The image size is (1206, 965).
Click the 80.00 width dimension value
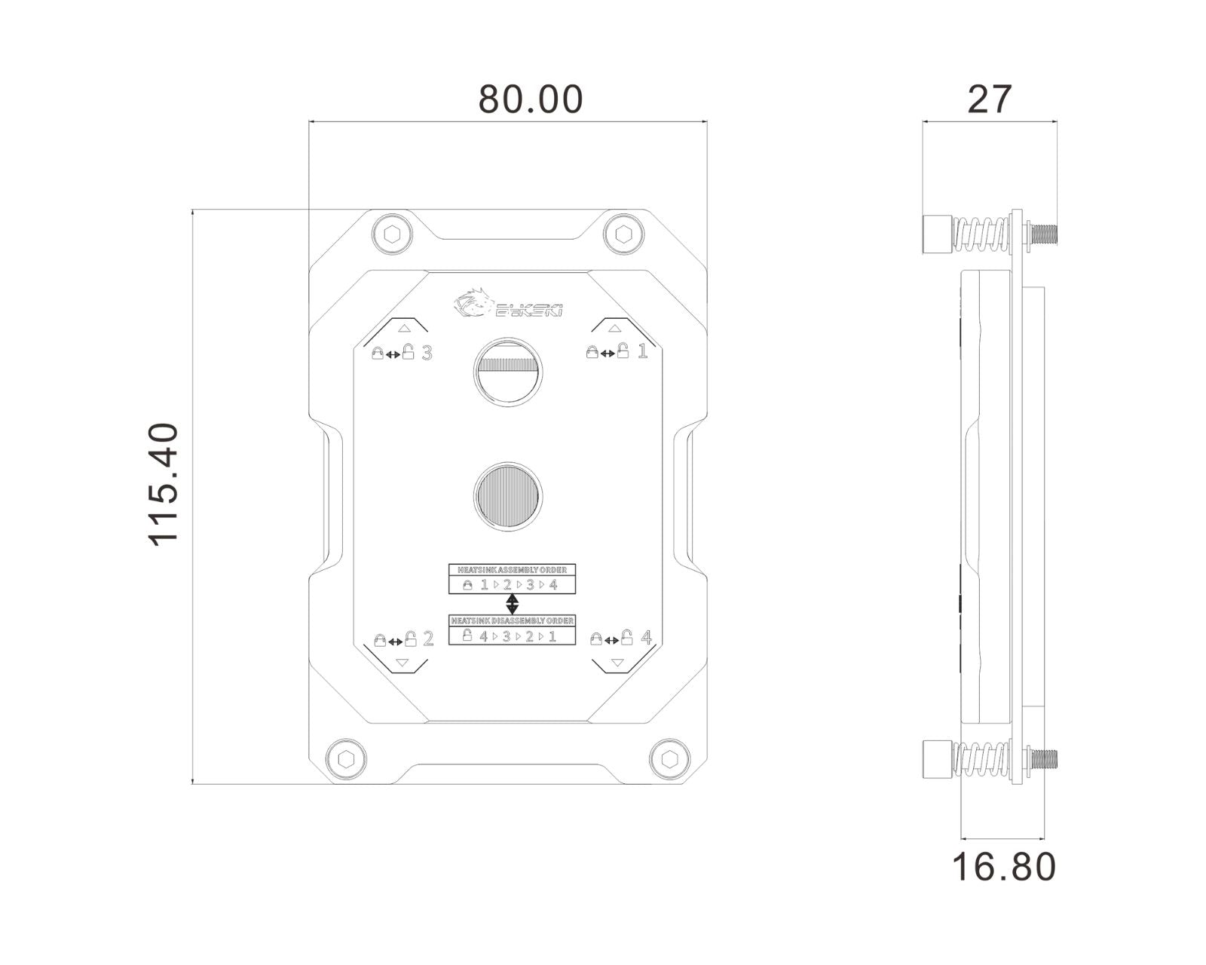point(531,100)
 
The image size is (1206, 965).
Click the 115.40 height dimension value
point(164,484)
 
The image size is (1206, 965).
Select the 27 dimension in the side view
point(990,99)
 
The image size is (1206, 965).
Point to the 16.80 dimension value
point(1004,866)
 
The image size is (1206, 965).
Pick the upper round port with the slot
point(508,370)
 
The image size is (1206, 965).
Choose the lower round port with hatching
point(508,495)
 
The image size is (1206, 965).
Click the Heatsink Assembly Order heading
point(512,569)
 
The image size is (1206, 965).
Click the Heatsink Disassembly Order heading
point(512,620)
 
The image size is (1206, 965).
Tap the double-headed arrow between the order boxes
point(512,602)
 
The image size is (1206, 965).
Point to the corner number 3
point(427,352)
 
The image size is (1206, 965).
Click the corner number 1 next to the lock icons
point(643,351)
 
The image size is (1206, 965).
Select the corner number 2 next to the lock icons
point(429,639)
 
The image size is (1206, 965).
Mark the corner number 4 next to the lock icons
point(646,637)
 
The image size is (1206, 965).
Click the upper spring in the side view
point(982,234)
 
